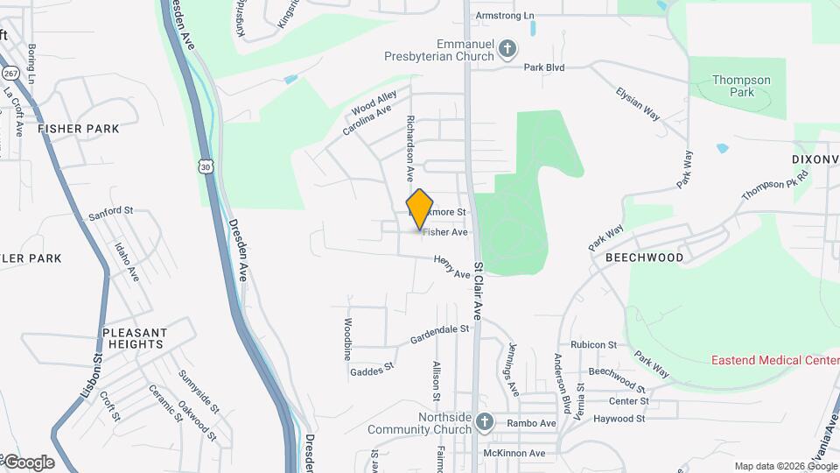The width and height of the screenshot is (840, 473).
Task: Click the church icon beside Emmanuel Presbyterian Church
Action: [507, 49]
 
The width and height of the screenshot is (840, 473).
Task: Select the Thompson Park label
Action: [741, 86]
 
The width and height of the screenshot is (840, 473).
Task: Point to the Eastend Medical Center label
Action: [774, 360]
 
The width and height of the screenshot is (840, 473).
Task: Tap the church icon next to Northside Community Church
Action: [486, 424]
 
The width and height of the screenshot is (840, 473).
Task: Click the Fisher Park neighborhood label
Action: [79, 129]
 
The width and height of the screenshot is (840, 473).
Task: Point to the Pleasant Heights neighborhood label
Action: [135, 339]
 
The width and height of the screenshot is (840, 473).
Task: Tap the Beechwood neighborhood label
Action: [644, 258]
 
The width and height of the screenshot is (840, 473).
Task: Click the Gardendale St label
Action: [440, 335]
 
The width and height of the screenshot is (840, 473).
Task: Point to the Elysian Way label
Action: [638, 103]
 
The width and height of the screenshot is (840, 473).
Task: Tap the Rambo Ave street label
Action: [534, 424]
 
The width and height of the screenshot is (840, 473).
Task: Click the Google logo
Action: [29, 462]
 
